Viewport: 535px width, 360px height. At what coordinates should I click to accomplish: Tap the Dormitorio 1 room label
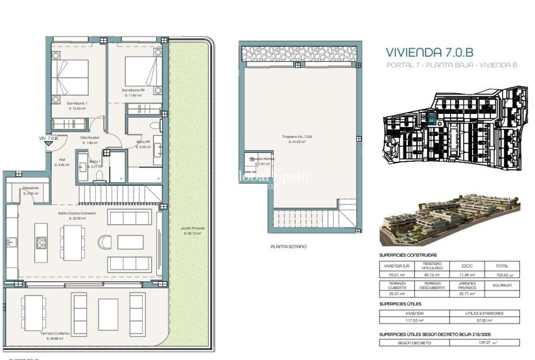click(x=77, y=103)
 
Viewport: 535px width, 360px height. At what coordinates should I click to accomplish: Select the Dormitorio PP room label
click(x=134, y=90)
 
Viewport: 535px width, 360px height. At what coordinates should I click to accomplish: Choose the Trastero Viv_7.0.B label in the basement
click(x=297, y=137)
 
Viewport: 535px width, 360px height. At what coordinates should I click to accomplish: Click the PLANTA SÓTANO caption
click(x=288, y=247)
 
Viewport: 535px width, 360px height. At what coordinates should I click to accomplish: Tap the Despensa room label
click(x=31, y=188)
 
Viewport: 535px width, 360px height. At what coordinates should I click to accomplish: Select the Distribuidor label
click(x=90, y=137)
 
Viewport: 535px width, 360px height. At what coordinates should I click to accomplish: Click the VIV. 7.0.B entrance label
click(x=48, y=138)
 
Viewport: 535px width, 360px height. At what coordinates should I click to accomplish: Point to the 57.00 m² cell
click(x=485, y=320)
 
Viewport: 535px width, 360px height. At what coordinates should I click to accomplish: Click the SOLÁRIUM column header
click(x=503, y=285)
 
